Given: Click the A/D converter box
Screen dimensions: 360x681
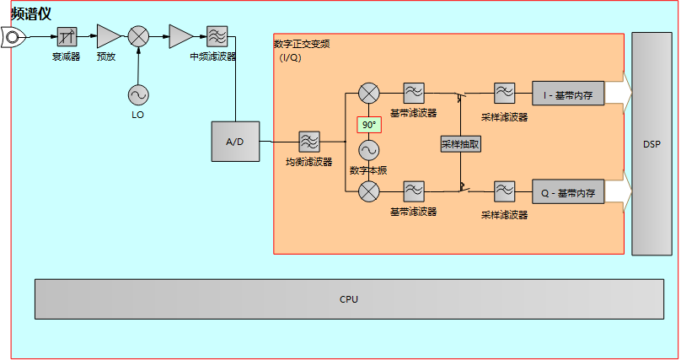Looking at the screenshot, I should pyautogui.click(x=235, y=142).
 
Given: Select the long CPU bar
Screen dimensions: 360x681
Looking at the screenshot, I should pyautogui.click(x=349, y=299).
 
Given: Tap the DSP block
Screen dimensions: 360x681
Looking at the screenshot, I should pyautogui.click(x=652, y=144).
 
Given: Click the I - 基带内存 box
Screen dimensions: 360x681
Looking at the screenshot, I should pyautogui.click(x=568, y=95).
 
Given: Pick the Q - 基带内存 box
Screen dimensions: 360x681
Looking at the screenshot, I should pyautogui.click(x=568, y=193).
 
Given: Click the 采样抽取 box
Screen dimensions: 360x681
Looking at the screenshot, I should pyautogui.click(x=460, y=144).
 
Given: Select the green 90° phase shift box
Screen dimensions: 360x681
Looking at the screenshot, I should pyautogui.click(x=369, y=125).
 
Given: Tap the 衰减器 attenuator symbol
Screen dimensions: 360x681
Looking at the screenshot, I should pyautogui.click(x=67, y=36).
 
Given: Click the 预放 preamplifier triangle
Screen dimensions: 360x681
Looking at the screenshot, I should pyautogui.click(x=107, y=36).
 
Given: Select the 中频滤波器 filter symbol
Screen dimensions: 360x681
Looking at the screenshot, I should pyautogui.click(x=216, y=36).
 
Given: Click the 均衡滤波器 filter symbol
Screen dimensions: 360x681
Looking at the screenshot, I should pyautogui.click(x=308, y=142).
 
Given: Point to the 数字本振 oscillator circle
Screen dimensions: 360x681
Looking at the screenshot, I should pyautogui.click(x=369, y=150).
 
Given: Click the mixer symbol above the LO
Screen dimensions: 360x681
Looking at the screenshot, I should pyautogui.click(x=138, y=36).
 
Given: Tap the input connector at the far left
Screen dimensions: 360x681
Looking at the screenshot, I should pyautogui.click(x=13, y=36).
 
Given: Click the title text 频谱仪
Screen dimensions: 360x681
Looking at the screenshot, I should pyautogui.click(x=32, y=13).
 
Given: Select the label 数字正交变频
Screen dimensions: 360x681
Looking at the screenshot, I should pyautogui.click(x=302, y=44).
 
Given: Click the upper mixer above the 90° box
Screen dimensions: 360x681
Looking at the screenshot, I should pyautogui.click(x=369, y=93).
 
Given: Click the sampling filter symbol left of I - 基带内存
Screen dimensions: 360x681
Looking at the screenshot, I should pyautogui.click(x=504, y=92).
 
